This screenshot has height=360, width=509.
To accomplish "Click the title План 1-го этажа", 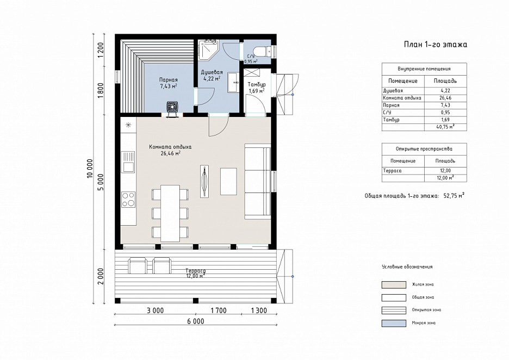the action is (435, 45).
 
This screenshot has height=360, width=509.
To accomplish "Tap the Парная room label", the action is (168, 80).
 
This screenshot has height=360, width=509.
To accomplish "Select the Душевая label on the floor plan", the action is (212, 72).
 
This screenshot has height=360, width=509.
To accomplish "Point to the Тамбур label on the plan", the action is (257, 84).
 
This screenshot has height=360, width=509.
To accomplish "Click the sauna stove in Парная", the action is (172, 108).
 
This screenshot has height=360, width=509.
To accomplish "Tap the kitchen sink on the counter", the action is (128, 162).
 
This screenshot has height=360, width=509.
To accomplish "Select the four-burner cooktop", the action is (128, 200).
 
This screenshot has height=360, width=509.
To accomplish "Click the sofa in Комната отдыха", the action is (257, 181).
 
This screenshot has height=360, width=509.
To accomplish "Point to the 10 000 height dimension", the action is (90, 168).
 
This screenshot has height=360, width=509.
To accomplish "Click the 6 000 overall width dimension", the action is (196, 321).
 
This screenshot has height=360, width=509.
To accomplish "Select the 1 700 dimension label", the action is (219, 311).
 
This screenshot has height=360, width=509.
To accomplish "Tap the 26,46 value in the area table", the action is (445, 98).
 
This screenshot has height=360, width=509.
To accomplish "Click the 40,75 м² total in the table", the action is (445, 127).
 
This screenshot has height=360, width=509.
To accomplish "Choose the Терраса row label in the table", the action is (392, 170).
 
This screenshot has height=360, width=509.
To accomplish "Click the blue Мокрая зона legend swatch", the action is (394, 323).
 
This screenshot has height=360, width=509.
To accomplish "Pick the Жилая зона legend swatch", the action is (394, 285).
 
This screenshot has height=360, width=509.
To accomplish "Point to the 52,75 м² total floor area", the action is (454, 196).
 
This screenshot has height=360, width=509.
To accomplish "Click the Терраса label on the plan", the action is (195, 270).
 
